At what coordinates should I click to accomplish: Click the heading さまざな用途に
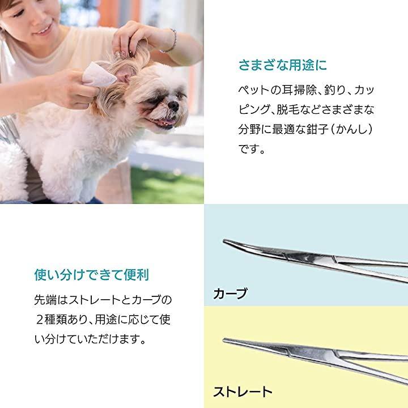pos(283,65)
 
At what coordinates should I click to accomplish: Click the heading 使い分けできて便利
pos(92,275)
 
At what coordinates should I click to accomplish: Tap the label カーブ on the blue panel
pos(230,294)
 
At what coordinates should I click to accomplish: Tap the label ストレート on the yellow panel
pos(243,392)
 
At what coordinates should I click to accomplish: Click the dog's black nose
pos(173,105)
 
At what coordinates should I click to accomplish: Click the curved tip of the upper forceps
pos(224,241)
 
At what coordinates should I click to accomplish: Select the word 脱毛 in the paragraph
pos(288,109)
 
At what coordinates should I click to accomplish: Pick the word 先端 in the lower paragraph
pos(45,300)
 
